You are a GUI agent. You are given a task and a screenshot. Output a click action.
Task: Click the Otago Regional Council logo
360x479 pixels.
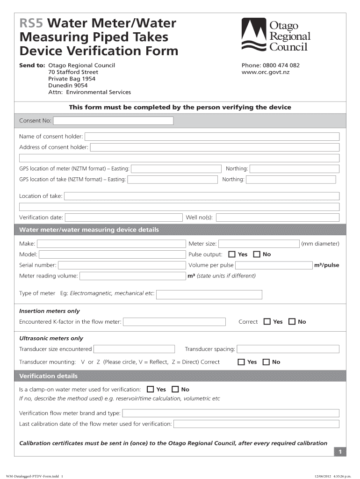tap(276, 35)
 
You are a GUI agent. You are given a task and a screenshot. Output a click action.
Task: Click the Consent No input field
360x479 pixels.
tap(113, 121)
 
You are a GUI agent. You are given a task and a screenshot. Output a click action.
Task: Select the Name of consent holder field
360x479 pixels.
tap(212, 137)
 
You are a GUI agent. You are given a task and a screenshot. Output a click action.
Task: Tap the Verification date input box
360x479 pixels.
tap(123, 218)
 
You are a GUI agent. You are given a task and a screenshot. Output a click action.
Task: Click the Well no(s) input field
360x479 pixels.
tap(278, 218)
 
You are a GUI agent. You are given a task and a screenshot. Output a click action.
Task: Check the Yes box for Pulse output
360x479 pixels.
tap(232, 254)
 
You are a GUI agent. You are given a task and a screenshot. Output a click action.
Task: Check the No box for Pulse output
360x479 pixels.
tap(256, 254)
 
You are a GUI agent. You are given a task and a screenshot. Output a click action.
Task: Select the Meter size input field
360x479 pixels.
tap(259, 244)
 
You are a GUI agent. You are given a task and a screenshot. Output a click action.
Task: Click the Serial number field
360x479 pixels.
tap(122, 265)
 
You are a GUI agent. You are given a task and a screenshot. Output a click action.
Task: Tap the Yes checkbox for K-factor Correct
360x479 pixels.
tap(267, 322)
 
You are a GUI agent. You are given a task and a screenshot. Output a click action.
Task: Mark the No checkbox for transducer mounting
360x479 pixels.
tap(266, 362)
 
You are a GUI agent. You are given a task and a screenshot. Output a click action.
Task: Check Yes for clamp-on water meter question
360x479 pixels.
tap(150, 389)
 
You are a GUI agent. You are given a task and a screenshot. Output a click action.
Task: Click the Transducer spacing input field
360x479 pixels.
tap(288, 349)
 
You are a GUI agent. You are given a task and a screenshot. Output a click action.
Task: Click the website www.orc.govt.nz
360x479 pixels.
tap(266, 73)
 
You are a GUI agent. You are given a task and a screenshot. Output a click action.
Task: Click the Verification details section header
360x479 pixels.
tap(48, 376)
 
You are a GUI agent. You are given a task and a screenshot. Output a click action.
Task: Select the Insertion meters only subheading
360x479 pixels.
tap(49, 311)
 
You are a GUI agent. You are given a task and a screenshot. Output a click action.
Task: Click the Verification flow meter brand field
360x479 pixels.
tap(230, 413)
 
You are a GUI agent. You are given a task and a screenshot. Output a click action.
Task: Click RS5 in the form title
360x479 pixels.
tap(31, 23)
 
